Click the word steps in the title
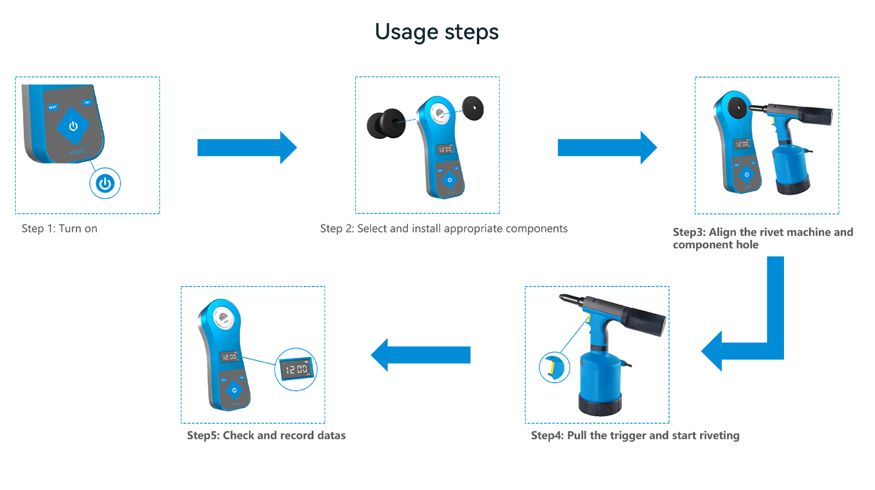coord(471,32)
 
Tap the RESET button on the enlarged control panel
coord(53,107)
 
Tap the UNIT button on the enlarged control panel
coord(87,103)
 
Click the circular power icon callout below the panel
coord(105,184)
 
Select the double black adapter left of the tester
coord(385,123)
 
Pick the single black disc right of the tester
coord(473,108)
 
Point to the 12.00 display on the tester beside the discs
coord(445,149)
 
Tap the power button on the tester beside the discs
coord(450,180)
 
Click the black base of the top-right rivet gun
coord(793,186)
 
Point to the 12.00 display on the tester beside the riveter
coord(742,143)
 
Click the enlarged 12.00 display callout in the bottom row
coord(296,369)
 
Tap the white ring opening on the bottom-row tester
coord(223,317)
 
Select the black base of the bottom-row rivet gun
coord(600,404)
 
